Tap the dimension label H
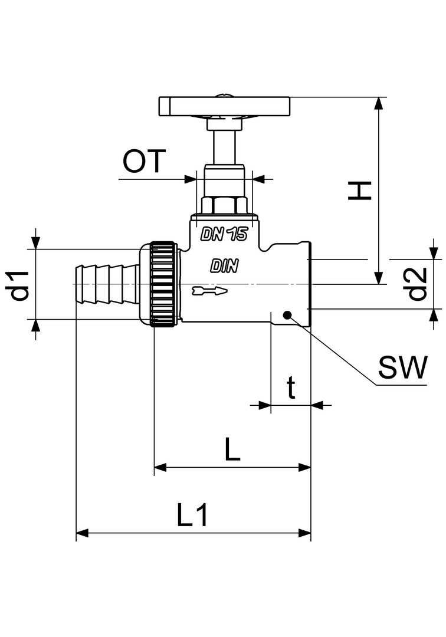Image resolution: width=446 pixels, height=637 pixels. coord(359,190)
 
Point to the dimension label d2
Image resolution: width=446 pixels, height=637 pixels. coord(418,284)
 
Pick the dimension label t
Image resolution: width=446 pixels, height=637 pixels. coord(291,389)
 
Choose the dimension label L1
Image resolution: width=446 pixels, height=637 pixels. coord(192,516)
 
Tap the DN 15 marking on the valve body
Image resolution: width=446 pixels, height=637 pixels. coord(224,234)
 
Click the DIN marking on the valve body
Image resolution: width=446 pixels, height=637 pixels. coord(224,267)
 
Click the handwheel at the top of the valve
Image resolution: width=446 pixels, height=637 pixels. coord(225,107)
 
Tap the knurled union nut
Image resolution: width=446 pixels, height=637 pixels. coord(162,284)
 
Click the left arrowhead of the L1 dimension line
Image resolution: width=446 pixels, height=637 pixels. coord(81,534)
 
